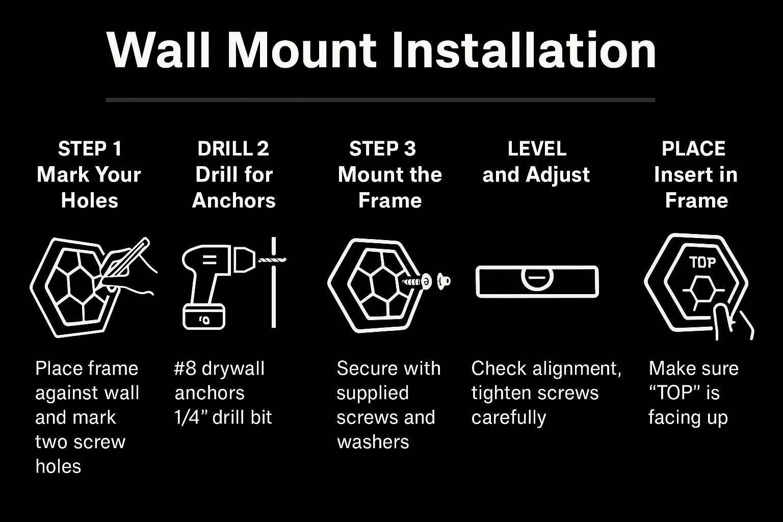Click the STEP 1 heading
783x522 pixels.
pyautogui.click(x=90, y=149)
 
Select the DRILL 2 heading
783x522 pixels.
pyautogui.click(x=233, y=149)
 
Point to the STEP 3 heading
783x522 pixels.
pyautogui.click(x=382, y=149)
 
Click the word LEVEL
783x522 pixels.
pyautogui.click(x=537, y=149)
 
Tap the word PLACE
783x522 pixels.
pyautogui.click(x=693, y=149)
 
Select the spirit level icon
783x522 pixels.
pyautogui.click(x=537, y=281)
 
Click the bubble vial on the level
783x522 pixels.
pyautogui.click(x=537, y=278)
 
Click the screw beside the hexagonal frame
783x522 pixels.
pyautogui.click(x=414, y=281)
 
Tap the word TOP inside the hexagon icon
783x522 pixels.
pyautogui.click(x=702, y=263)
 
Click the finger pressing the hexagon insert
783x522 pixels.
pyautogui.click(x=722, y=321)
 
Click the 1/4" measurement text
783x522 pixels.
pyautogui.click(x=190, y=417)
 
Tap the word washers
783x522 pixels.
pyautogui.click(x=373, y=442)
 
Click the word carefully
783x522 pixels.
pyautogui.click(x=508, y=417)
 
